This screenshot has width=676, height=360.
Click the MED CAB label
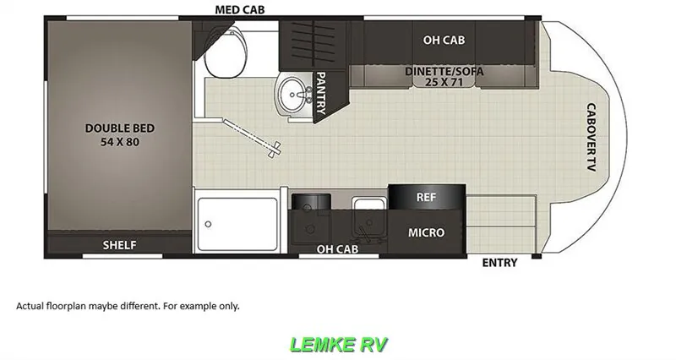pos(240,9)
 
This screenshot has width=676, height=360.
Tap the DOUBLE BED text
pos(120,128)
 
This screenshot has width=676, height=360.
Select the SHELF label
pos(119,245)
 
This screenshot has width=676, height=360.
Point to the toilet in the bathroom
pos(226,52)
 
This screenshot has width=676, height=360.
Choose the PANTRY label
pos(321,93)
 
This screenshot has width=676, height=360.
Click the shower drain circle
pos(208,224)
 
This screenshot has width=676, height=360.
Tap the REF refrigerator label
pos(426,197)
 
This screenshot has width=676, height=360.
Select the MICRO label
pos(427,232)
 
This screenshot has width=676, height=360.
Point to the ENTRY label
pos(499,263)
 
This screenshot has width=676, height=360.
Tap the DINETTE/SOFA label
pos(444,71)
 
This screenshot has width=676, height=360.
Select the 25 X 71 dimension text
pos(444,81)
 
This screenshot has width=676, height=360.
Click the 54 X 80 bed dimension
pos(120,142)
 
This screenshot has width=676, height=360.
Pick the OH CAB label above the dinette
pos(444,40)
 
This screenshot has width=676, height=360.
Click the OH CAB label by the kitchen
pos(337,249)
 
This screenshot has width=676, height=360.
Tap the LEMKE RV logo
pos(339,345)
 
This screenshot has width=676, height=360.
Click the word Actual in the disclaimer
pos(30,306)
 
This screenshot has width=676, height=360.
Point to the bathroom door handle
pos(274,150)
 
